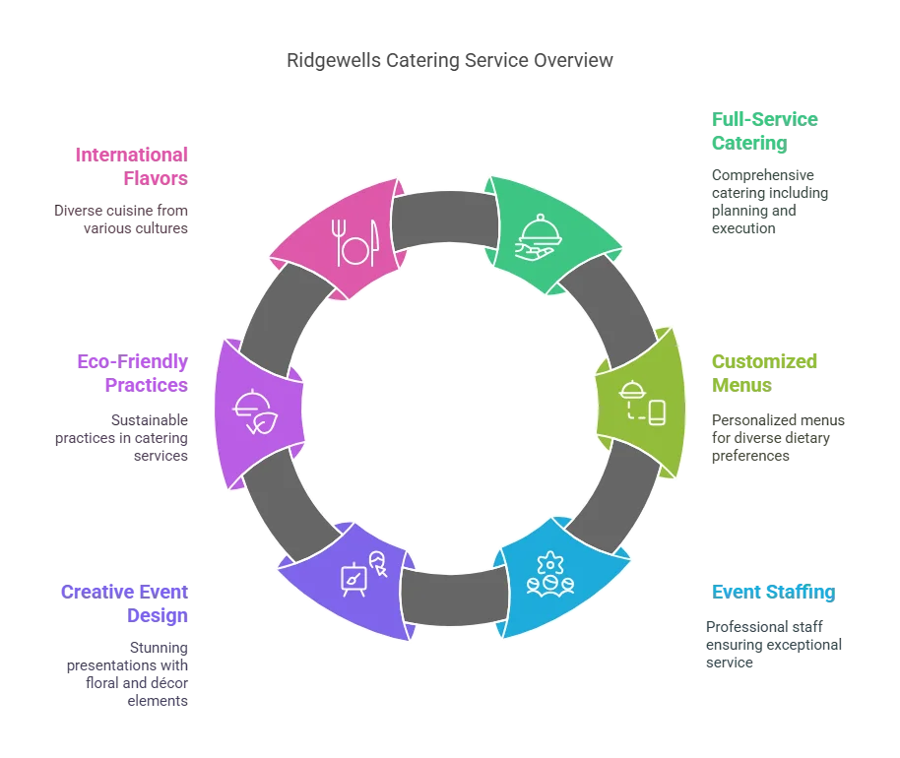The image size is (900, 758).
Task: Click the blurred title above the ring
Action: coord(449,61)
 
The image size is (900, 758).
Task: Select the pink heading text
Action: coord(131,166)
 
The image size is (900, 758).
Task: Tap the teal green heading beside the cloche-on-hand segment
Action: coord(764,130)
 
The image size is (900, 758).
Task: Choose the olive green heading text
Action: coord(764,372)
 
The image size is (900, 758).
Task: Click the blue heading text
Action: coord(771,592)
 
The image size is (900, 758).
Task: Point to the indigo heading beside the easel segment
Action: coord(125,601)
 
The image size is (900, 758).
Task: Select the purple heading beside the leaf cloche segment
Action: coord(131,372)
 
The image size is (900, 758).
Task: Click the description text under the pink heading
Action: coord(117,220)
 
